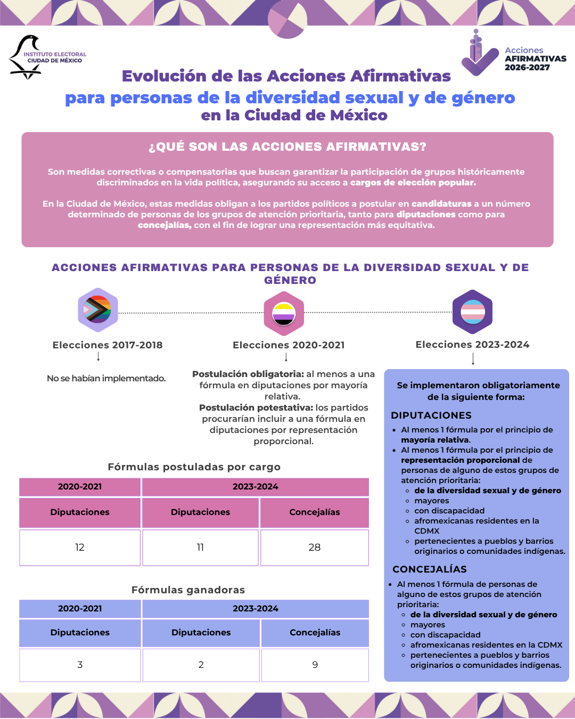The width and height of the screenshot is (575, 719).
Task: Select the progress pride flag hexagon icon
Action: pos(98,310)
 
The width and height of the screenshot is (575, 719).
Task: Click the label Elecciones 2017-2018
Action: pos(108,345)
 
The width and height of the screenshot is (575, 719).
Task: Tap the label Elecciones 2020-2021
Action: pos(289,345)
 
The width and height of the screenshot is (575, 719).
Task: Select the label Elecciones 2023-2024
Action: pos(473,345)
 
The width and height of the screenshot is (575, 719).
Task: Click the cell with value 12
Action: pos(80,548)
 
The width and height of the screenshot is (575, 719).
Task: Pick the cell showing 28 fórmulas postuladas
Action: pos(315,548)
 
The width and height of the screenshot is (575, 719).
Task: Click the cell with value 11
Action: pos(200,548)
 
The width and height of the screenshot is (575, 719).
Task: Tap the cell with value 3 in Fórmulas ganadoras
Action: pos(80,665)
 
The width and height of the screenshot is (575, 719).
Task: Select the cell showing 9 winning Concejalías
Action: pos(315,665)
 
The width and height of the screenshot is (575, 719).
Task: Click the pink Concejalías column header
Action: pos(315,512)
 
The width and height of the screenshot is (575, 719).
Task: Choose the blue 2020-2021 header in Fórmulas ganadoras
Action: pos(80,609)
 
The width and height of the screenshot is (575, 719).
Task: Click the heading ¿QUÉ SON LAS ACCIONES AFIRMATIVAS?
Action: pos(287,147)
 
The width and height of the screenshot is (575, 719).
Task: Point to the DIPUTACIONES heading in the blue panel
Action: pos(431,415)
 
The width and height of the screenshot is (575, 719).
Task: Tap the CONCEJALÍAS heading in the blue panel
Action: pos(430,569)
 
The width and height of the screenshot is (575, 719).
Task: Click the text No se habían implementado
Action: pos(106,379)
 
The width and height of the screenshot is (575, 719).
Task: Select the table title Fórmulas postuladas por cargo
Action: pos(194,467)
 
